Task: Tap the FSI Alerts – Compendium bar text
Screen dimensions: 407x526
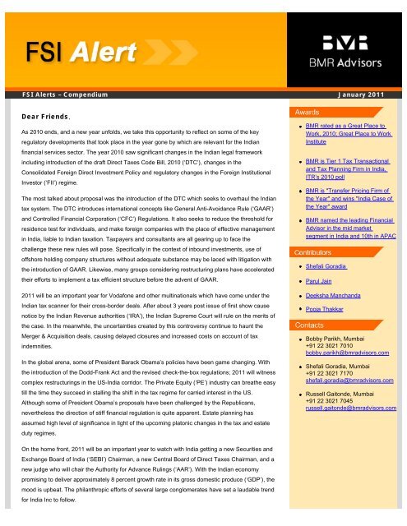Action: (61, 96)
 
